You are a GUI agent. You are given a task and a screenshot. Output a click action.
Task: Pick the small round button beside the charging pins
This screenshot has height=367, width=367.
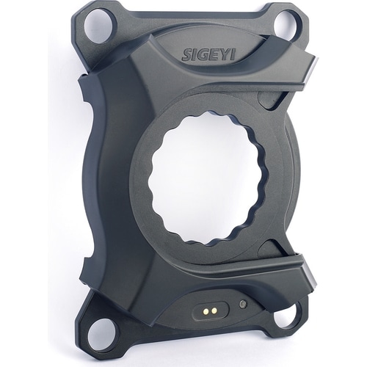(242, 304)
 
